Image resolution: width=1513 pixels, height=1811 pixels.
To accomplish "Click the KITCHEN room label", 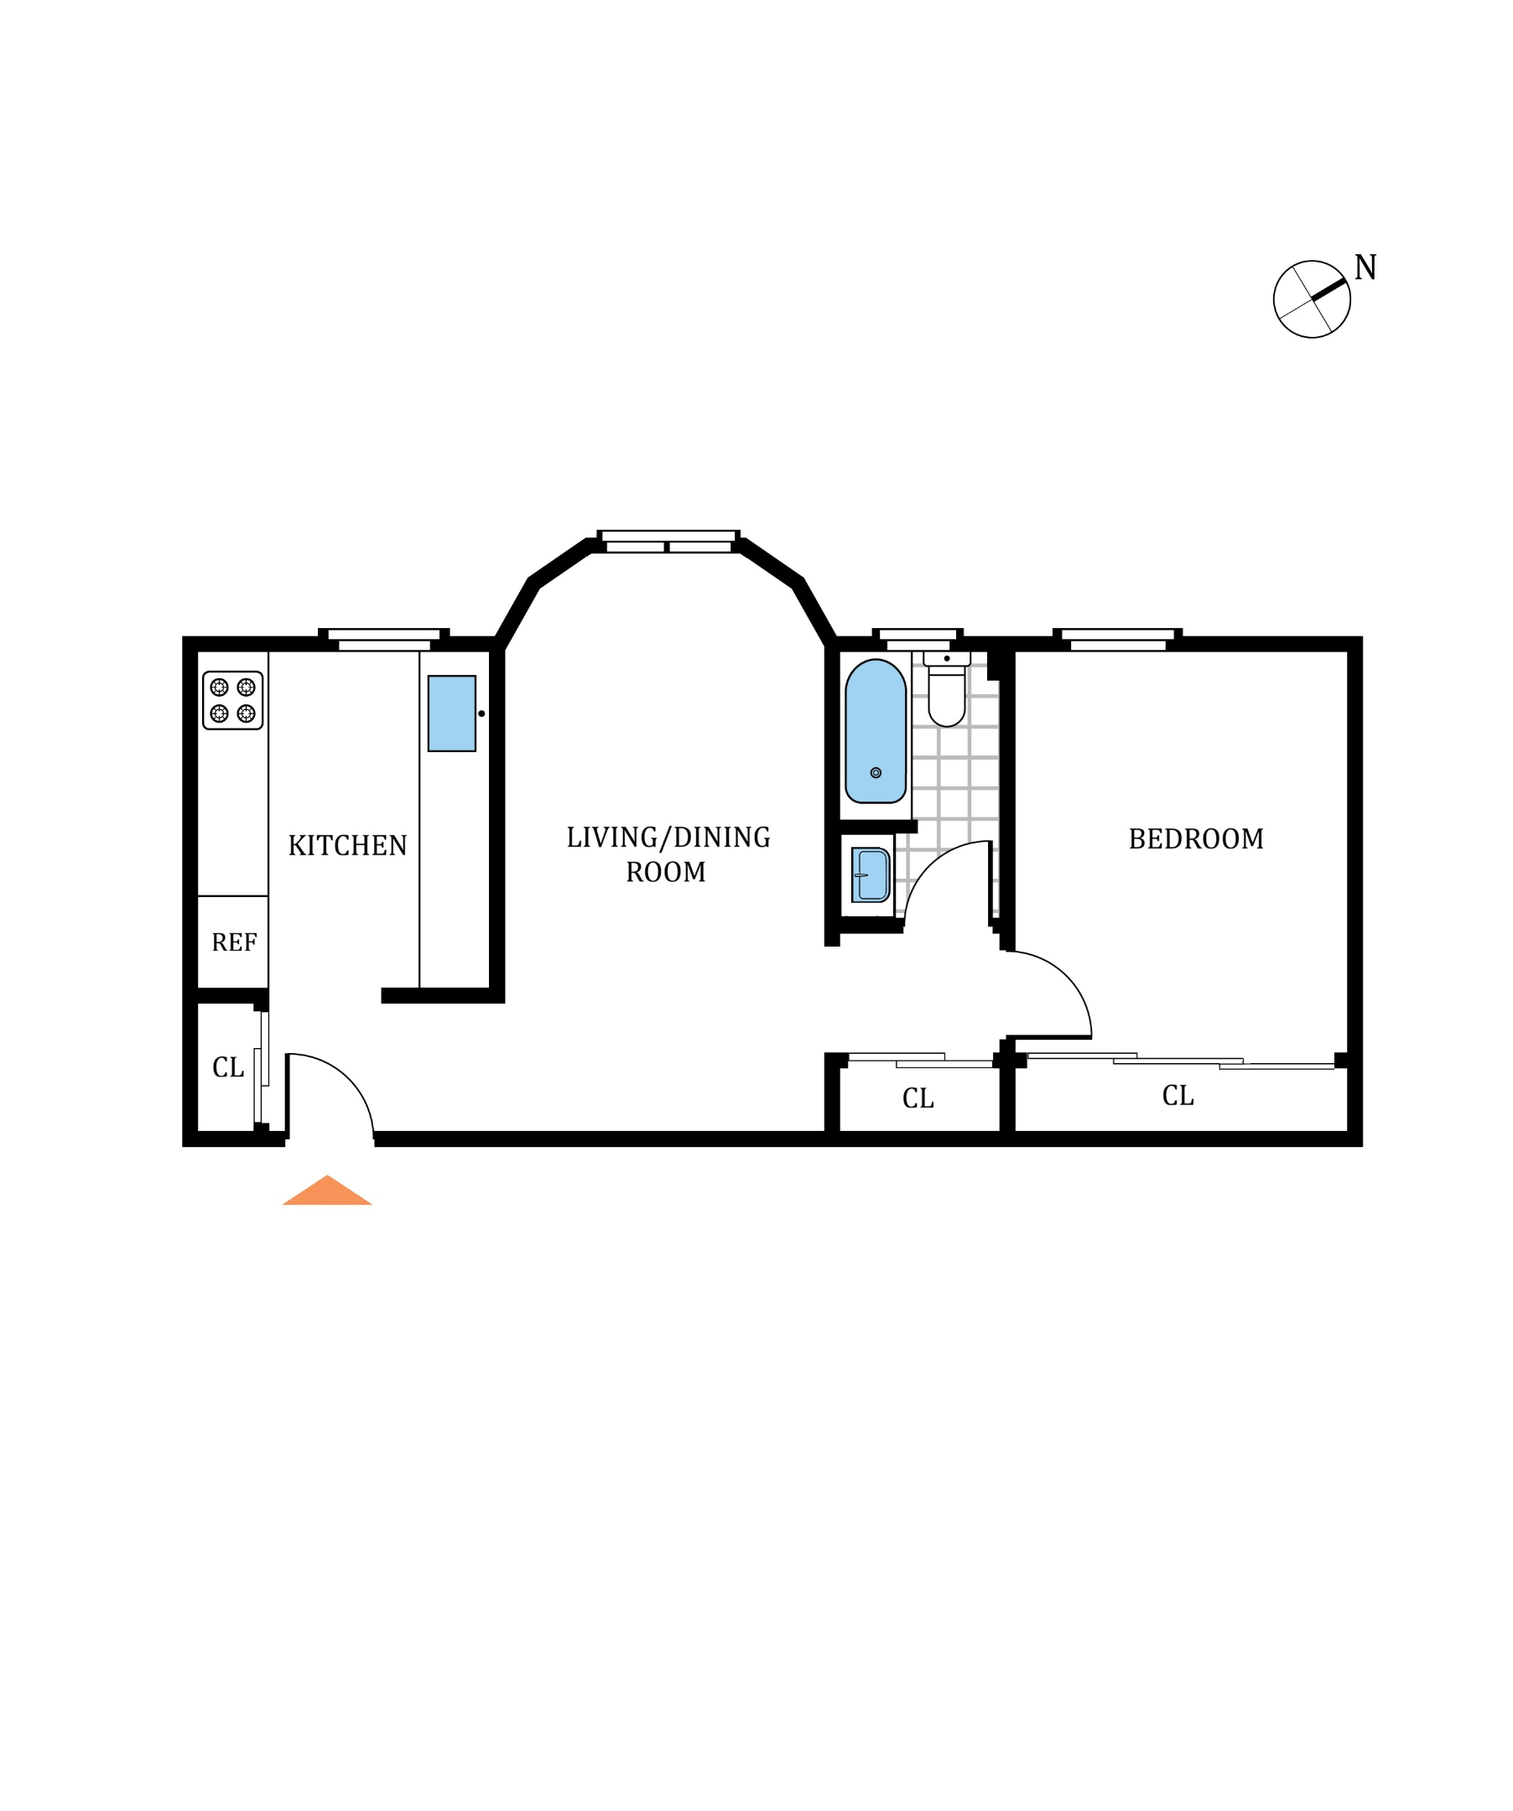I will pyautogui.click(x=347, y=846).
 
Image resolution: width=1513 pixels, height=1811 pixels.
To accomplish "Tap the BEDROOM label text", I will pyautogui.click(x=1196, y=839).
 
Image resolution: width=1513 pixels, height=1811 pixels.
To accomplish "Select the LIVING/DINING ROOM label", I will pyautogui.click(x=668, y=854).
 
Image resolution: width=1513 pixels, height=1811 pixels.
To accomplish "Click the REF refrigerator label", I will pyautogui.click(x=234, y=942).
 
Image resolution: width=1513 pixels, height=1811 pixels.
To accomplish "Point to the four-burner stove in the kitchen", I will pyautogui.click(x=233, y=700).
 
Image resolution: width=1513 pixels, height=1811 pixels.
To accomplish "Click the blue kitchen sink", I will pyautogui.click(x=451, y=714).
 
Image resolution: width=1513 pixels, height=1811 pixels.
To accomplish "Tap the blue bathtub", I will pyautogui.click(x=875, y=731).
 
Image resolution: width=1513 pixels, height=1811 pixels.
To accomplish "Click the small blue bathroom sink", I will pyautogui.click(x=871, y=874).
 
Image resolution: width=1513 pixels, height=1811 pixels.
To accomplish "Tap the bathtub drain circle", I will pyautogui.click(x=876, y=773).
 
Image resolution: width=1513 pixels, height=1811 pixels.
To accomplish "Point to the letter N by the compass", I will pyautogui.click(x=1365, y=268).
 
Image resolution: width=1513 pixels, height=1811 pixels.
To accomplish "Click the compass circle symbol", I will pyautogui.click(x=1311, y=299).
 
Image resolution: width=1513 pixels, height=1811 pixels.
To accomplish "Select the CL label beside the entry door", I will pyautogui.click(x=228, y=1067).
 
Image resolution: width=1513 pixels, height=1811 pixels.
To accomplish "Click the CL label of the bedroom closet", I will pyautogui.click(x=1178, y=1096).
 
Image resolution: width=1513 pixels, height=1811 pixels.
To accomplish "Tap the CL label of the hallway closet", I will pyautogui.click(x=918, y=1098).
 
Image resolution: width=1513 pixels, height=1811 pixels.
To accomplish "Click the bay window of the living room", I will pyautogui.click(x=668, y=542).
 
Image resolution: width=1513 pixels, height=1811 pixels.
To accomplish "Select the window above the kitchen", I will pyautogui.click(x=384, y=640).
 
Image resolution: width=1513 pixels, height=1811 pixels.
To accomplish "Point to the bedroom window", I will pyautogui.click(x=1117, y=640).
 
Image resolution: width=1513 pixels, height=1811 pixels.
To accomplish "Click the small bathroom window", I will pyautogui.click(x=917, y=640).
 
